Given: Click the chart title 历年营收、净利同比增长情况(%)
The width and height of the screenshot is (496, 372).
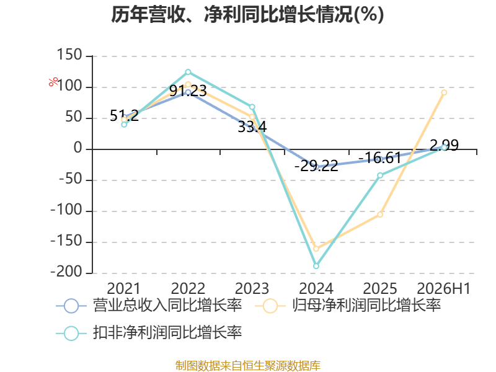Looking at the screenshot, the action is [247, 14].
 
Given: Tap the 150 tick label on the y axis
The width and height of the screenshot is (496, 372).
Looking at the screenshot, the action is [69, 55].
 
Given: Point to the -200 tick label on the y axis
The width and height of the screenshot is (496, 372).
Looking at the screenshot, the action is [66, 272].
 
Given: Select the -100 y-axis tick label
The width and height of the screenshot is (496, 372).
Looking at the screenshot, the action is [66, 210].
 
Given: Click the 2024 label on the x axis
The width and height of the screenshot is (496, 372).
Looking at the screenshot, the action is [316, 288].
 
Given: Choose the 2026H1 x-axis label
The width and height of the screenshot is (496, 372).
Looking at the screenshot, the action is [444, 288].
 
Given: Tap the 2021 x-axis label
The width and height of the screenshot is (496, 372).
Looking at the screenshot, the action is [123, 288].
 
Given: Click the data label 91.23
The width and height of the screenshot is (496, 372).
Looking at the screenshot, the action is [188, 91].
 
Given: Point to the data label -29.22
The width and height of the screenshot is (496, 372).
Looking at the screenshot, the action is [316, 166].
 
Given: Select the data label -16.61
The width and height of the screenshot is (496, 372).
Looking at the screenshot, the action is [380, 158].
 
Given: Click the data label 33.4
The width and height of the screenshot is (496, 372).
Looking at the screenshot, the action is [252, 127].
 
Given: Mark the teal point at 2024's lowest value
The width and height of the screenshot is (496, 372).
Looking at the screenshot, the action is [316, 266].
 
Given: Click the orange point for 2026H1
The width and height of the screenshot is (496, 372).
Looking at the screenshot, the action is [444, 92].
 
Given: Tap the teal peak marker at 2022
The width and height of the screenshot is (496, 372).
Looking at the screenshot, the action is [188, 72].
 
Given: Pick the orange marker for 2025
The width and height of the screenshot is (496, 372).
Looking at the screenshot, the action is [380, 215].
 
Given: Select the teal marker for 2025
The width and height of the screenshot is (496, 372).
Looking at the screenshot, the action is [380, 175].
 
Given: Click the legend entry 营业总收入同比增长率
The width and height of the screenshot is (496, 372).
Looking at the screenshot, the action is [149, 306].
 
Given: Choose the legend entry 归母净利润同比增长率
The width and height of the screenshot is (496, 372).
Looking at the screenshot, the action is [348, 306].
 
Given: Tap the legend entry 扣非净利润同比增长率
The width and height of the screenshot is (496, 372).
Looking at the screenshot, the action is [149, 333].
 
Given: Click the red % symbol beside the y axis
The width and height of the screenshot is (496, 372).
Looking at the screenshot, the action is [53, 82].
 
